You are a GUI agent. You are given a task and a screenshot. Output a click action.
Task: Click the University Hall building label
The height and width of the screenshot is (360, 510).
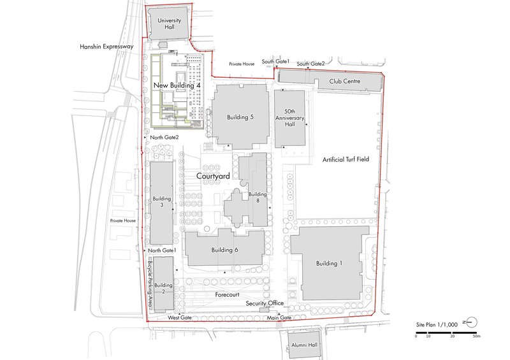[169, 24]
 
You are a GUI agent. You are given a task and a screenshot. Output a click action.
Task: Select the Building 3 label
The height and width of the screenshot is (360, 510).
[162, 202]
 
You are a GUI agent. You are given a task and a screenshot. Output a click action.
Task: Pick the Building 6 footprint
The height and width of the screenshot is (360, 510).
[224, 250]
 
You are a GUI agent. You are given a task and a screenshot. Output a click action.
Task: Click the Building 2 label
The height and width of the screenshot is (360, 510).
[163, 288]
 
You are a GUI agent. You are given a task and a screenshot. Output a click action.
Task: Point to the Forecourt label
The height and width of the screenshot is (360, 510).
[226, 295]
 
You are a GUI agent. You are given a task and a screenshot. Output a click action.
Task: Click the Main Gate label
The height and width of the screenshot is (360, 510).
[280, 318]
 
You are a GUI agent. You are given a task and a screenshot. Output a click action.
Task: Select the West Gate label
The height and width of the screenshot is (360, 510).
[180, 317]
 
